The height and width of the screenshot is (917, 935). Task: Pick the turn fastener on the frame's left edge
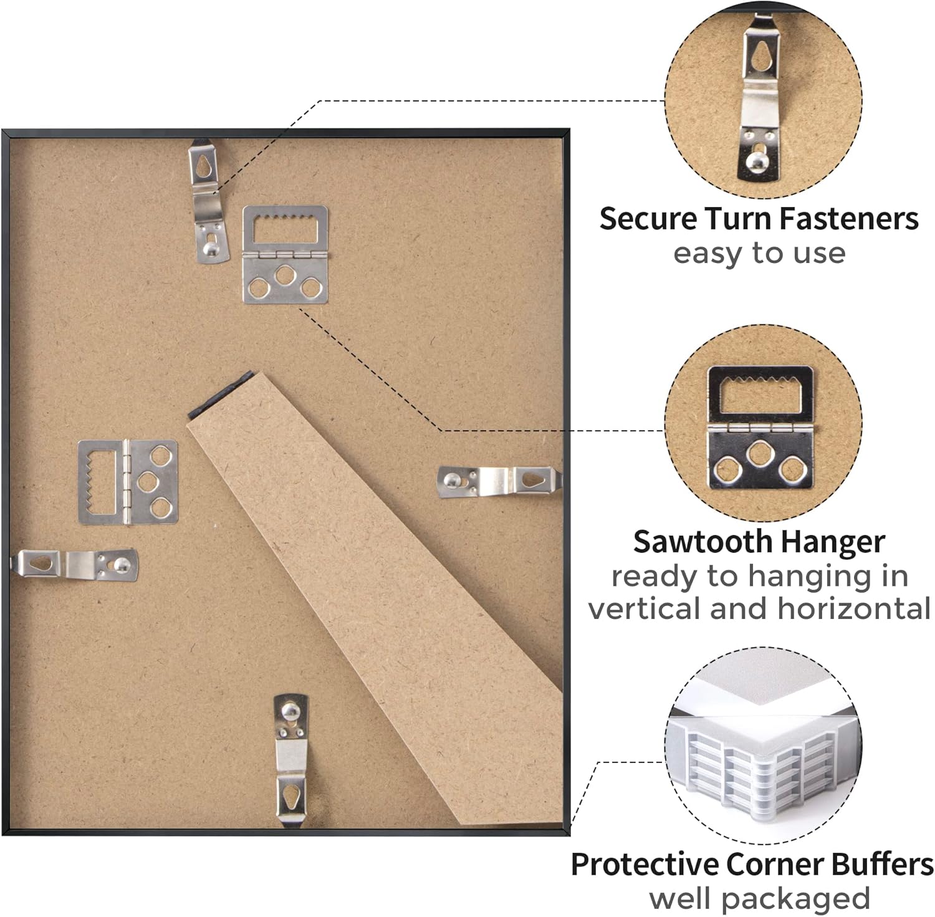[x=74, y=565]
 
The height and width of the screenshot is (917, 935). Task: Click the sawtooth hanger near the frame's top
[x=285, y=254]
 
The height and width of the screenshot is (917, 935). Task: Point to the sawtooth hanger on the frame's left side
[x=128, y=482]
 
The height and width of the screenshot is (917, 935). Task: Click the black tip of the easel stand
[x=219, y=393]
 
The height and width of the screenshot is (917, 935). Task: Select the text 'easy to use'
[x=759, y=254]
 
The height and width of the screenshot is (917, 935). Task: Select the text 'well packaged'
[x=759, y=899]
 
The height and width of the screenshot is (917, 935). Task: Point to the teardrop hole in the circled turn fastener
[x=760, y=59]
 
